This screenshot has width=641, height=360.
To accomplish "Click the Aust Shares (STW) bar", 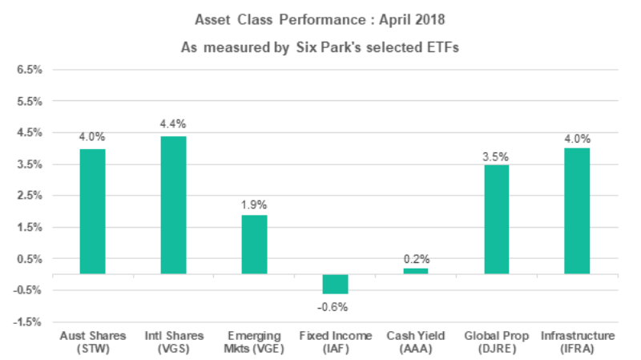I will (92, 212).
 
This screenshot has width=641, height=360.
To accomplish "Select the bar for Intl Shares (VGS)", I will (173, 205).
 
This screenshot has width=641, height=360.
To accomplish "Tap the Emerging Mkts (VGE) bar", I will (254, 245).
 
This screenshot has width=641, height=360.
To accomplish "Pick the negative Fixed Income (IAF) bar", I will (335, 284).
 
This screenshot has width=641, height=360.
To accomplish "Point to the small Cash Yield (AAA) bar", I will (415, 271).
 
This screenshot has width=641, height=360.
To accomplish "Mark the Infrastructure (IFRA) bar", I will (577, 212).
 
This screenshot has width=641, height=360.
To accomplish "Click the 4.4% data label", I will (173, 124).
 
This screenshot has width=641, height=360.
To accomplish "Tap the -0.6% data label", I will (334, 306).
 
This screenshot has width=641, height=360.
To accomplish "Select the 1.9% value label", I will (254, 204).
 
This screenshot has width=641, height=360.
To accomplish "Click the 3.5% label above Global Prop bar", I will (496, 153).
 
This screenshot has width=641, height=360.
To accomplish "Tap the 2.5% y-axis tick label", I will (29, 196).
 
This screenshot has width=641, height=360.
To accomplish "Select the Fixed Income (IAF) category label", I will (335, 342).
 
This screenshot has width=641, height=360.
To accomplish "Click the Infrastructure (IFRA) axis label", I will (577, 342).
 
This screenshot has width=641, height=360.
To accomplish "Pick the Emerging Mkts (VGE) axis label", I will (254, 342).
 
